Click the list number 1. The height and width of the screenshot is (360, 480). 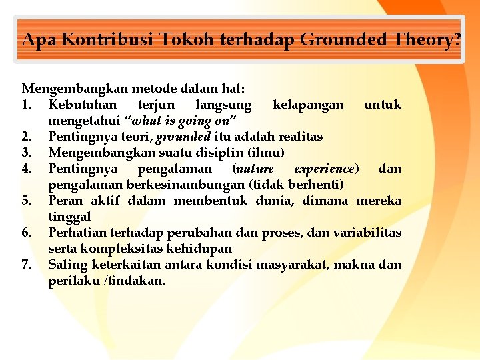click(27, 105)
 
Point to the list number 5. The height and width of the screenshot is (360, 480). click(27, 201)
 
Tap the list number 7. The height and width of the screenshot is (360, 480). click(27, 265)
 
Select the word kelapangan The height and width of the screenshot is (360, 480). click(308, 105)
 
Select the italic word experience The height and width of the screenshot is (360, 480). click(326, 169)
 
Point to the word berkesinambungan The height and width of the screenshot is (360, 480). click(175, 185)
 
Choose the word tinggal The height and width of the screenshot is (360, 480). click(69, 217)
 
